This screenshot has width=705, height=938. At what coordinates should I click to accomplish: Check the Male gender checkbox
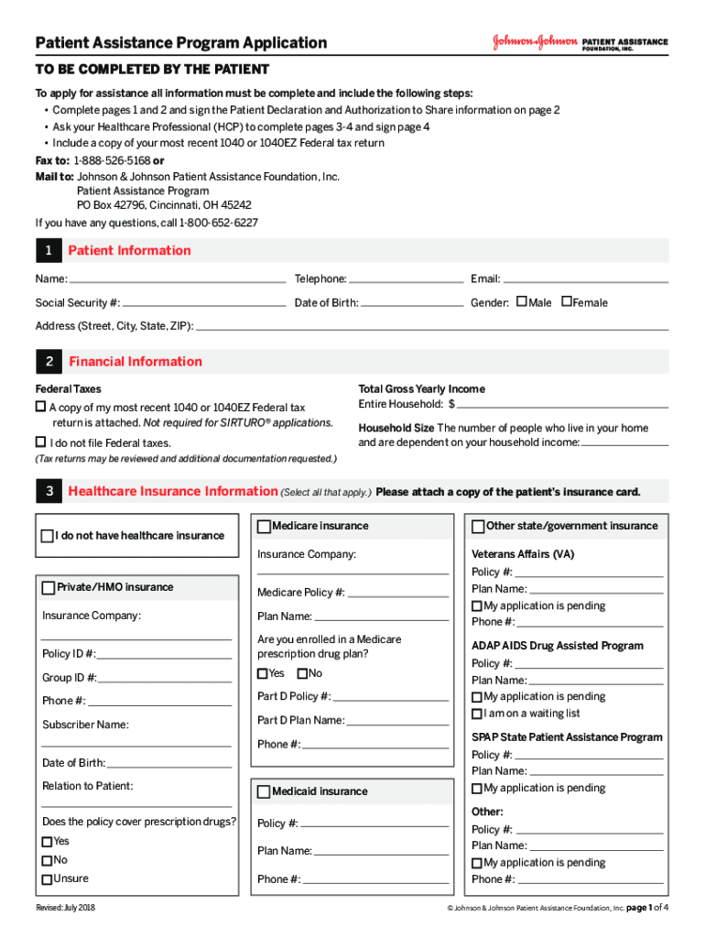[522, 301]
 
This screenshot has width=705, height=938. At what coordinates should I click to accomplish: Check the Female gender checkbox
[567, 301]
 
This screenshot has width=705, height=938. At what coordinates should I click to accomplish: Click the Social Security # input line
[203, 303]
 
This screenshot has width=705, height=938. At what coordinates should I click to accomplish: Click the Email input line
[585, 279]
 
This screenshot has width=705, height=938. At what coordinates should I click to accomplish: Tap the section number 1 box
[48, 251]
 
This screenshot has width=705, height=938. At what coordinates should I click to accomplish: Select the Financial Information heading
[136, 362]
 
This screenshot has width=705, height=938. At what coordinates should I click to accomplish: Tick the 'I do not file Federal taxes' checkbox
[41, 442]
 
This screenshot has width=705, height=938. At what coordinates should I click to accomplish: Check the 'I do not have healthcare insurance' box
[47, 536]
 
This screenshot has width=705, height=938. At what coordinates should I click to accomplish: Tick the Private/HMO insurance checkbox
[49, 587]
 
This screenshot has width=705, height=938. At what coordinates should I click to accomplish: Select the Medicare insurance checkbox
[265, 527]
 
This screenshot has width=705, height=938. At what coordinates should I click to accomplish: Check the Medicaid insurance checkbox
[265, 791]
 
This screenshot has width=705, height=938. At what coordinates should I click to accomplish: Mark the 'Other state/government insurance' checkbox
[478, 527]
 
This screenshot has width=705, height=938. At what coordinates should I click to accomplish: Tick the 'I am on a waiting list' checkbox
[477, 714]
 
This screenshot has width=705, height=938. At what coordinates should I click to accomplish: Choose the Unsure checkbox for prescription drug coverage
[47, 879]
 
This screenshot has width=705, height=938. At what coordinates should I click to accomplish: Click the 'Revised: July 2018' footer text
[66, 908]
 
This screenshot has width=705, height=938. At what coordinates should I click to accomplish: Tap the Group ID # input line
[165, 679]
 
